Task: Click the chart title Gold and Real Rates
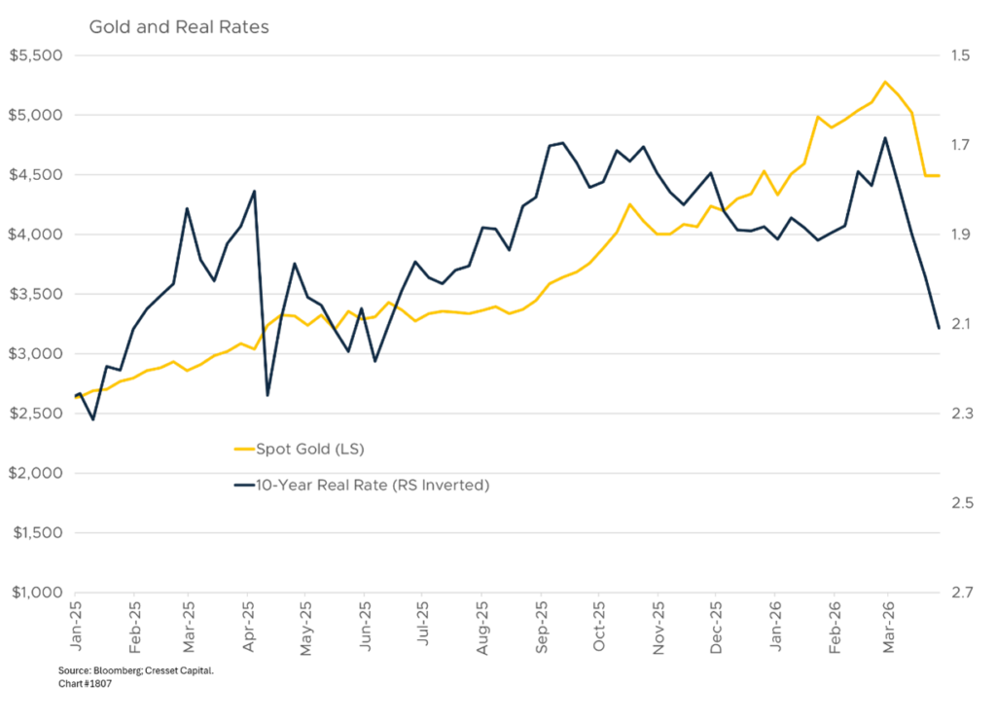(179, 27)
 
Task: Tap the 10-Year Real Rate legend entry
(372, 485)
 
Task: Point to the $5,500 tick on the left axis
(34, 55)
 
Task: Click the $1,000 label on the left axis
(34, 593)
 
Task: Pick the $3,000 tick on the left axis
(34, 354)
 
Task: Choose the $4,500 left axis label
(34, 175)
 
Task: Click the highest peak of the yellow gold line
(884, 81)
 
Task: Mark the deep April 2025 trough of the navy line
(267, 396)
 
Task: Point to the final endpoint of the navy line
(940, 329)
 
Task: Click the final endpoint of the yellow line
(940, 176)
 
